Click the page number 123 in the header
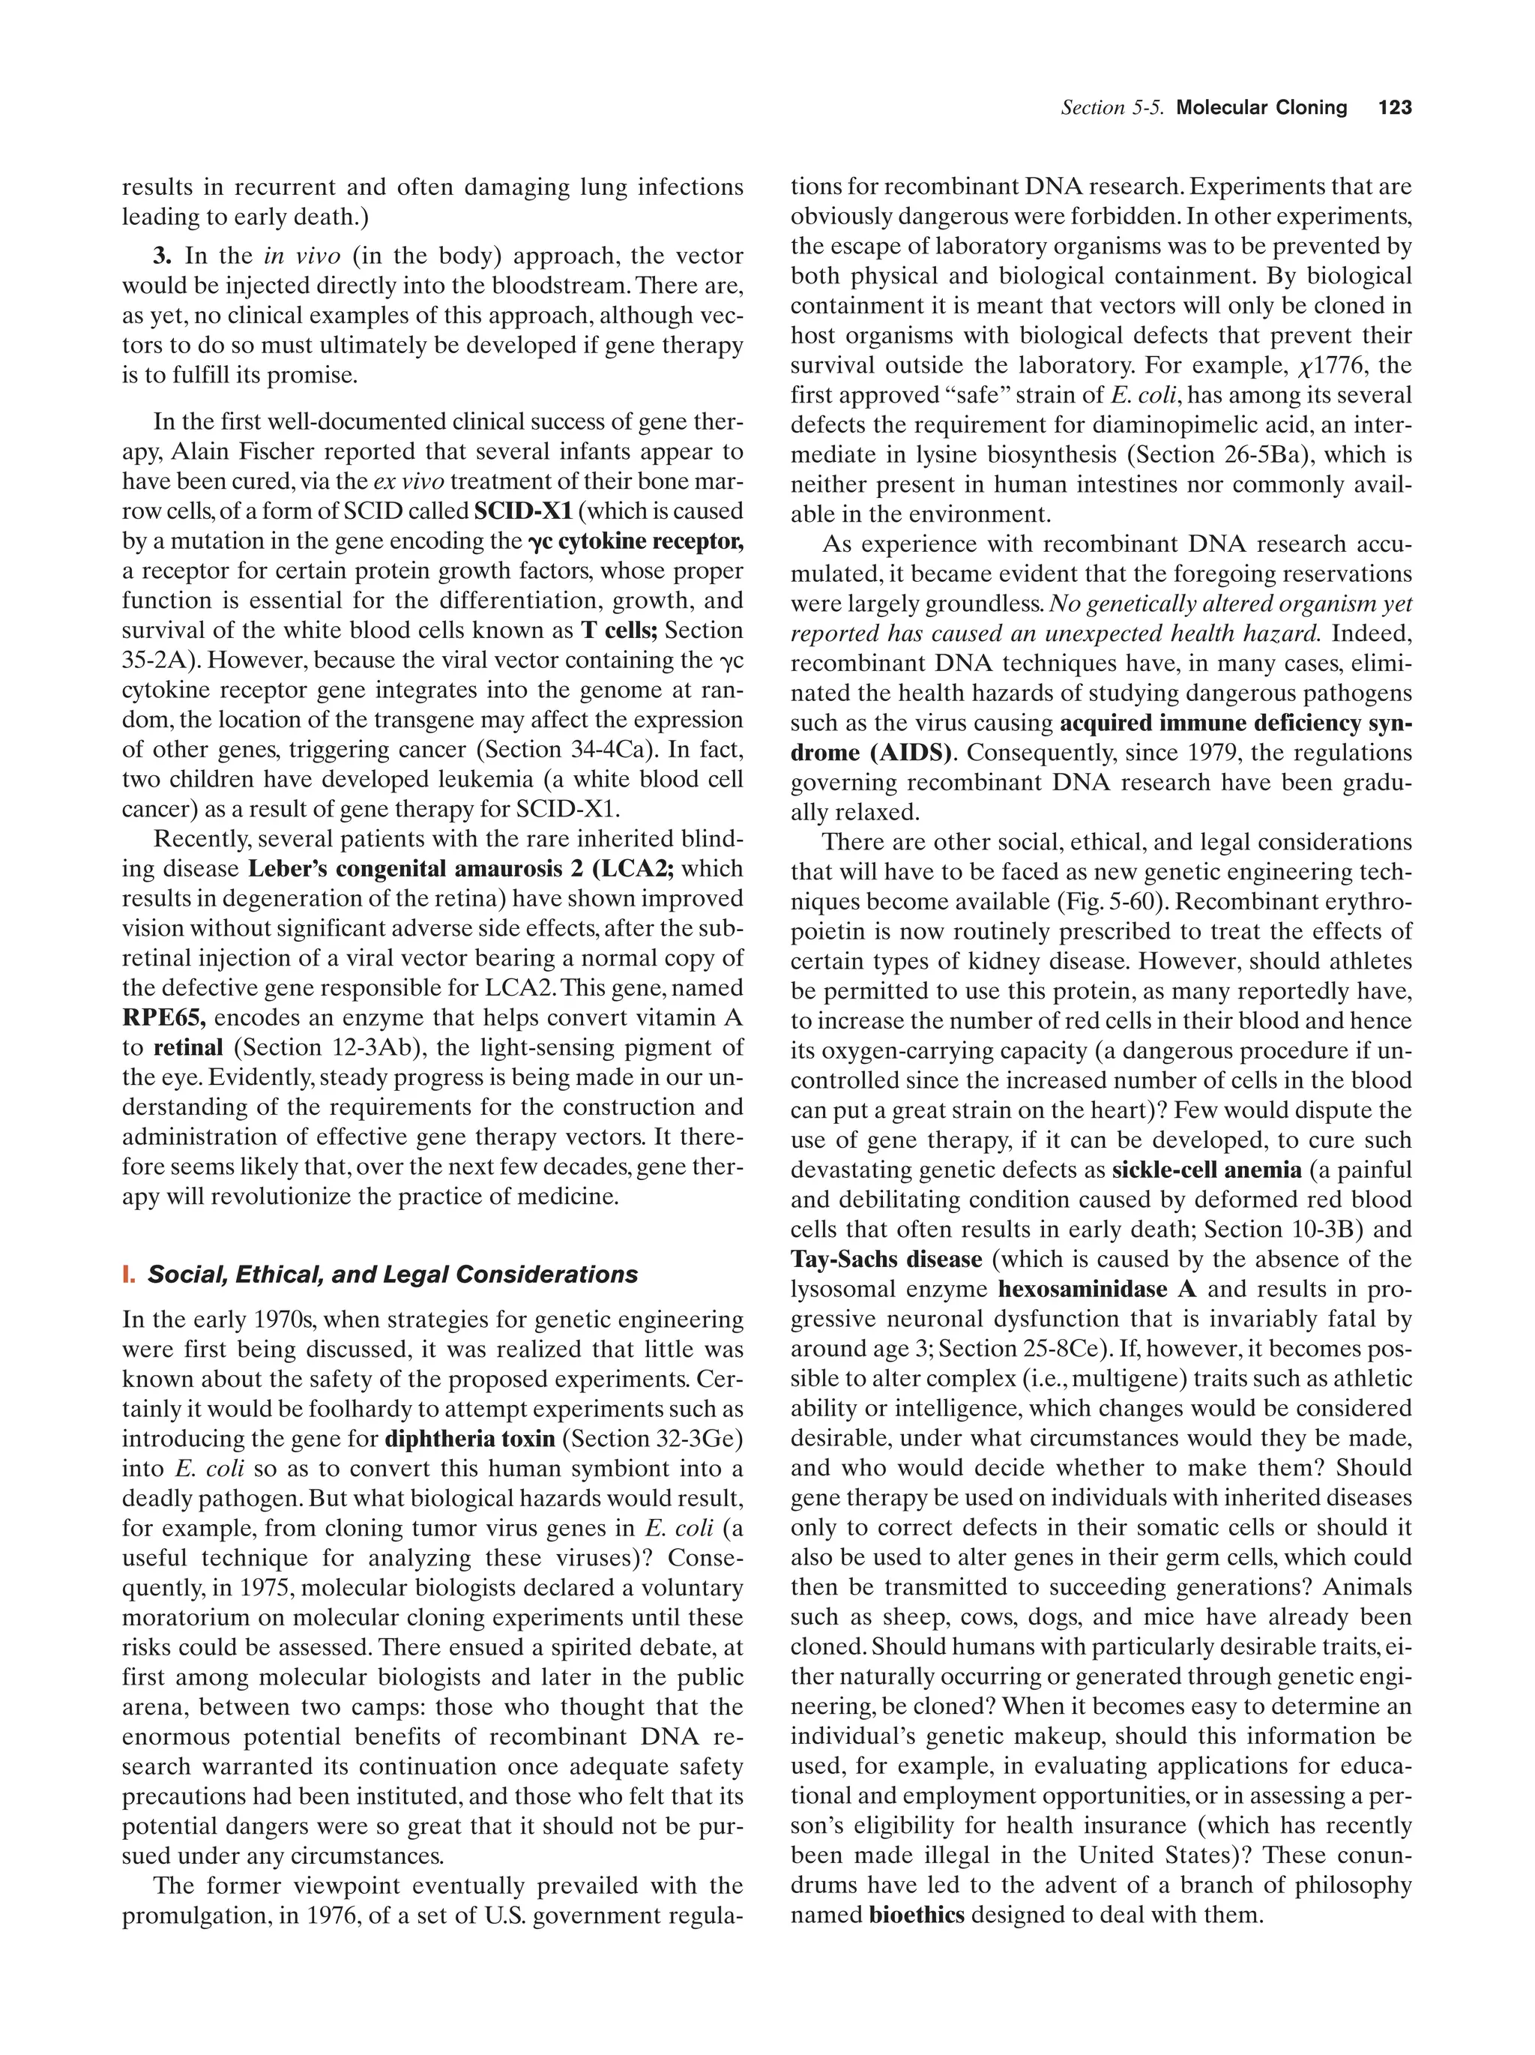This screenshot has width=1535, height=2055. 1395,108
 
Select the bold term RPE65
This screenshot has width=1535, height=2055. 163,1017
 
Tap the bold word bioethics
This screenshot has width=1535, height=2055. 917,1915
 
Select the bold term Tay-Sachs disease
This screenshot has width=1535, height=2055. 886,1260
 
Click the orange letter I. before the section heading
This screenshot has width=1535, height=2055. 128,1275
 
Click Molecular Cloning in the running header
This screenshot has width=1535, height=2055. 1261,108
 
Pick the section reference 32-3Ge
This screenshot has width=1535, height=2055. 695,1439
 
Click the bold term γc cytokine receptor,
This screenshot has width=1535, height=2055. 635,541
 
